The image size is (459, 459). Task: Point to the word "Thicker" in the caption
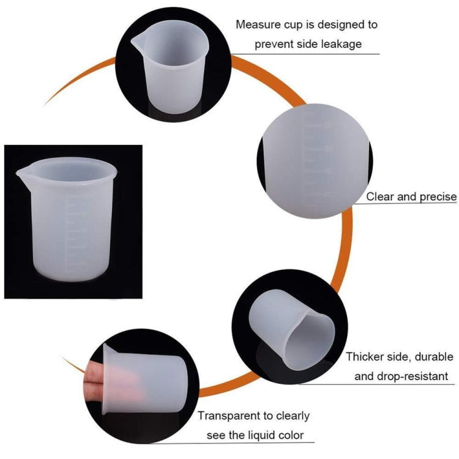point(366,356)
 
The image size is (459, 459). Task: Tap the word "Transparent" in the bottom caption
point(230,416)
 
